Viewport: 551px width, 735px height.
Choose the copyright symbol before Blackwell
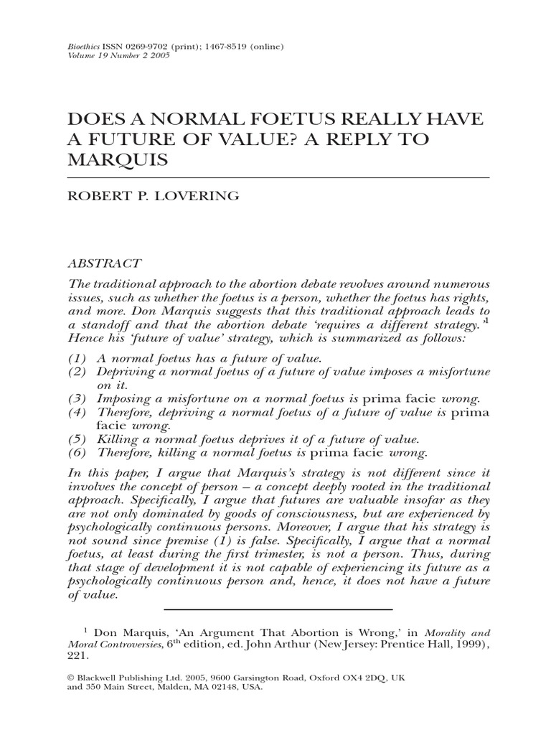pos(70,675)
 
